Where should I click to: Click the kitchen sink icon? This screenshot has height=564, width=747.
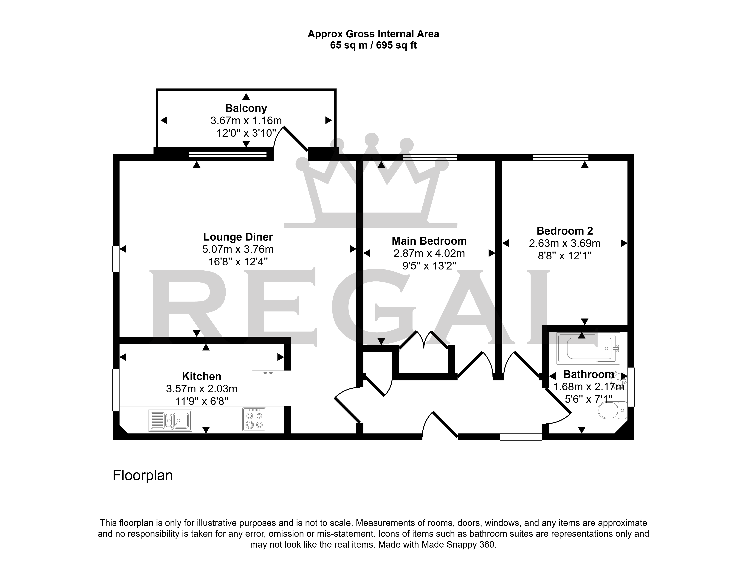coord(170,420)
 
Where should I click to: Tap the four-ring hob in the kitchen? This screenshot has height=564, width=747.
coord(254,419)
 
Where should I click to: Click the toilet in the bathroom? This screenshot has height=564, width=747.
coord(612,410)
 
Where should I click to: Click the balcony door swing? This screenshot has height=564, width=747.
coord(290,138)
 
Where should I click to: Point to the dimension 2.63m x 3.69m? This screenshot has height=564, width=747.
coord(565,243)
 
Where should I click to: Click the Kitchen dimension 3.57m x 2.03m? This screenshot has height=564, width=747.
coord(202,389)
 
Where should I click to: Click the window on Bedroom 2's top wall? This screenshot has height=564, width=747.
coord(561,157)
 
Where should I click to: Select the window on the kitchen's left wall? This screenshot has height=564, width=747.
coord(116,390)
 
